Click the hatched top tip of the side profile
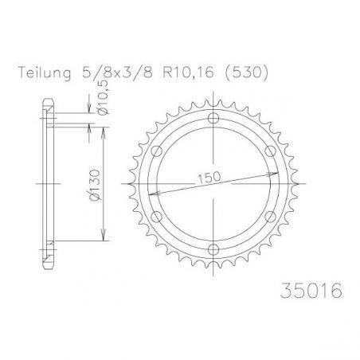(49, 104)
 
